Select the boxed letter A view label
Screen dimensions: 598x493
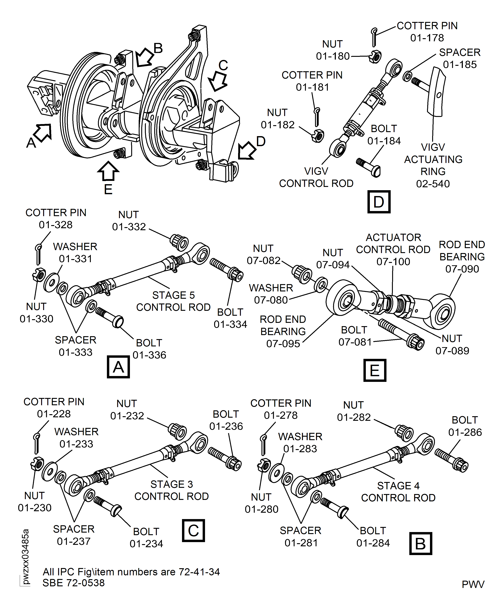coord(118,367)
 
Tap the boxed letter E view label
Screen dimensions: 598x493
coord(375,370)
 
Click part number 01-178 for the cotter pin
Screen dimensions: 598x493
coord(427,38)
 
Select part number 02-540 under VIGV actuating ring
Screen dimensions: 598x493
coord(433,184)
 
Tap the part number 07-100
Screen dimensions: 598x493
coord(393,261)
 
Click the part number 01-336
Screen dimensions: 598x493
coord(149,355)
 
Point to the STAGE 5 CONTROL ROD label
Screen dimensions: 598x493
coord(173,301)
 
